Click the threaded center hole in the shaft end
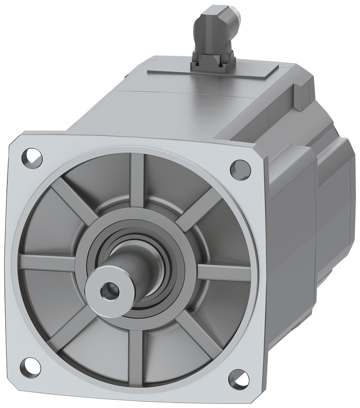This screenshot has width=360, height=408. tap(109, 290)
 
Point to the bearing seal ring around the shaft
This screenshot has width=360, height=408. tap(163, 253)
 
